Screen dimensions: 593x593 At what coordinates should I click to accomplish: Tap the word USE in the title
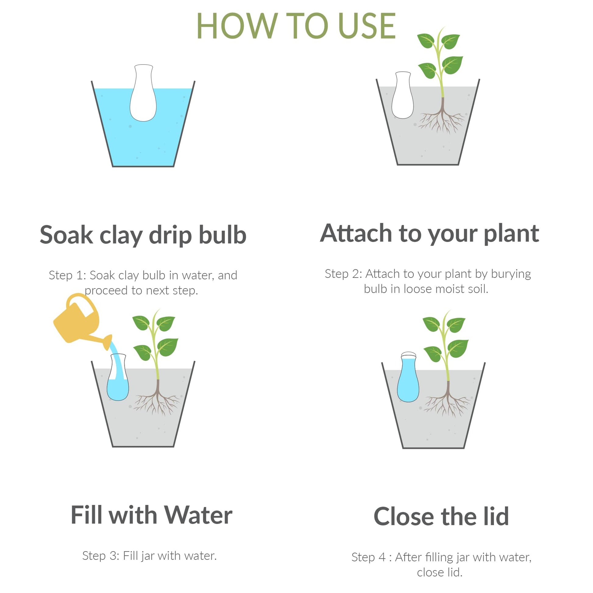pyautogui.click(x=367, y=26)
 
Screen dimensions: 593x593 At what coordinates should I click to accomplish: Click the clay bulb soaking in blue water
pyautogui.click(x=143, y=93)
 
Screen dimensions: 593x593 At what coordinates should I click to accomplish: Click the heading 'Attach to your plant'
pyautogui.click(x=429, y=234)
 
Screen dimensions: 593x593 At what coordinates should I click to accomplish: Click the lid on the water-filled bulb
pyautogui.click(x=409, y=355)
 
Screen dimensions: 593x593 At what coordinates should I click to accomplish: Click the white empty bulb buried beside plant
pyautogui.click(x=402, y=95)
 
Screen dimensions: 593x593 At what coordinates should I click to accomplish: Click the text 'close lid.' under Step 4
pyautogui.click(x=439, y=573)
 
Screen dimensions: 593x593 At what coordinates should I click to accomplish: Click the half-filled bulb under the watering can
pyautogui.click(x=118, y=377)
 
